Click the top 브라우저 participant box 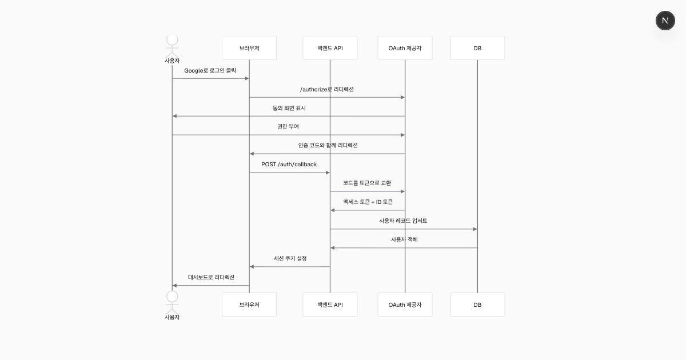click(249, 48)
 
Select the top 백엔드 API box click(330, 48)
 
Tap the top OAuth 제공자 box click(405, 48)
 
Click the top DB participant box click(477, 48)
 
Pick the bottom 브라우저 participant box click(249, 305)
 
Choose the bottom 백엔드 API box click(330, 305)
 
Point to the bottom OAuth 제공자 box click(405, 305)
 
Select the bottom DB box click(477, 305)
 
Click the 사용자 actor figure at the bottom click(172, 305)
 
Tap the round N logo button click(665, 21)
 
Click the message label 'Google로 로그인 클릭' click(210, 71)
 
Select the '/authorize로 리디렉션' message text click(327, 89)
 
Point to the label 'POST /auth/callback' click(289, 165)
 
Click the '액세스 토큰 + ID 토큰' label click(368, 202)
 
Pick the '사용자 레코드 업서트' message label click(403, 221)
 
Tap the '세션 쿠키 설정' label click(290, 258)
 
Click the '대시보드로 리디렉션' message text click(211, 277)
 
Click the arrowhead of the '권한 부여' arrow click(402, 135)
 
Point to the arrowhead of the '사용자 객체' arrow click(333, 248)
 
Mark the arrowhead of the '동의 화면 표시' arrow click(174, 116)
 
